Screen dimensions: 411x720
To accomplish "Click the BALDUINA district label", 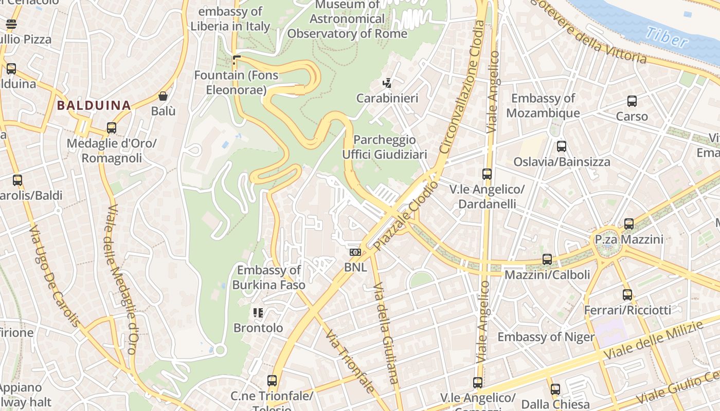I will tap(94, 105).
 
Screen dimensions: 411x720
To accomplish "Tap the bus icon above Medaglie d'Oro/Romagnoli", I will tap(111, 128).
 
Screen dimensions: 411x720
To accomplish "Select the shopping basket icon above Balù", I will tap(163, 96).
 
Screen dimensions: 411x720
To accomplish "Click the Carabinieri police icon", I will tap(387, 83).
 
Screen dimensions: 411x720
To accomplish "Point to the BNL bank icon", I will tap(355, 252).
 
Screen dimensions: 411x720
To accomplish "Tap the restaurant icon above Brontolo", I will tap(258, 312).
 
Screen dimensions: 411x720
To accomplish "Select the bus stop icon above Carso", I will tap(632, 101).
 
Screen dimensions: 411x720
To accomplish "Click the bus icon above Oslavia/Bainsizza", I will tap(561, 146).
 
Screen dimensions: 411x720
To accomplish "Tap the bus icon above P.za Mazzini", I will tap(628, 224).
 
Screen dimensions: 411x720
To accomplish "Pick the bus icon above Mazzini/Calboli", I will tap(547, 259).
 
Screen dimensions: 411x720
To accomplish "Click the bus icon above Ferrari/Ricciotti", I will tap(627, 295).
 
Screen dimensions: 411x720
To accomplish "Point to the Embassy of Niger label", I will tap(546, 337).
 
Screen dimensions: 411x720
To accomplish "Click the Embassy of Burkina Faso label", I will tap(268, 277).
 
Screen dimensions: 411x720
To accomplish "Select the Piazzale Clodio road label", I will tap(406, 216).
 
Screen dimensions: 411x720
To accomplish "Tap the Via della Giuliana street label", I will tap(385, 333).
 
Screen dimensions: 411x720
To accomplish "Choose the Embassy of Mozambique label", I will tap(543, 105).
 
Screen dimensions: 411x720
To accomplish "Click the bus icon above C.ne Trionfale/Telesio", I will tap(272, 381).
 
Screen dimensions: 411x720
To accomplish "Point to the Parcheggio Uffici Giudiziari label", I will tap(385, 147).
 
